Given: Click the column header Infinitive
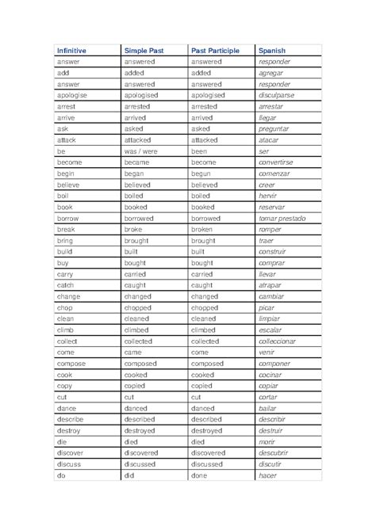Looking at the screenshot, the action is (x=71, y=50).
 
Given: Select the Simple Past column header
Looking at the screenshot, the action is (x=144, y=50).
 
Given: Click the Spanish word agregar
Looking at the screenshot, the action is (x=274, y=72).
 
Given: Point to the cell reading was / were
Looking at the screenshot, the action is (x=142, y=151).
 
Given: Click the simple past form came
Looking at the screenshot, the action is (x=134, y=352).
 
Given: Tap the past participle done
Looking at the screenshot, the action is (x=200, y=475).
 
